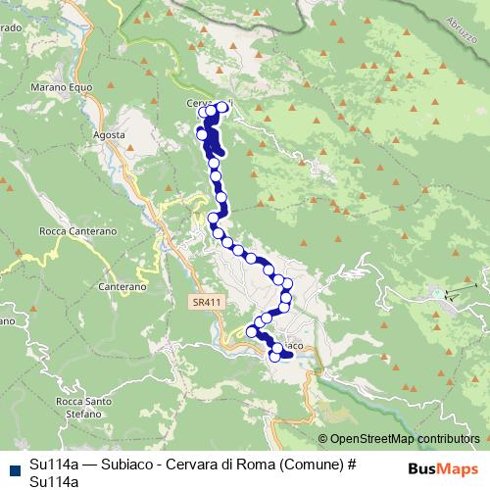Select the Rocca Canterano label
[77, 231]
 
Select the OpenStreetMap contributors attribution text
[405, 439]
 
